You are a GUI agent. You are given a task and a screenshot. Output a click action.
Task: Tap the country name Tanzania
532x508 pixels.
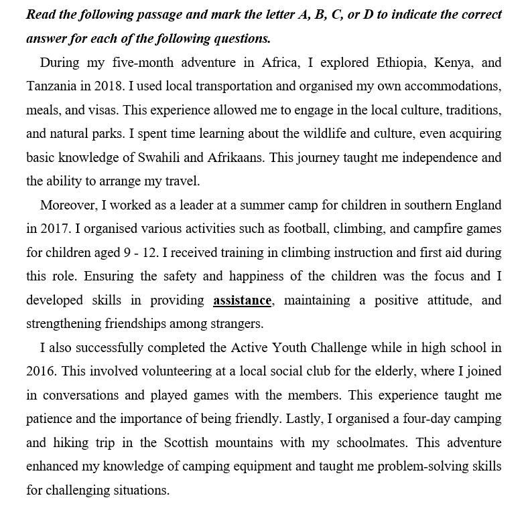(53, 87)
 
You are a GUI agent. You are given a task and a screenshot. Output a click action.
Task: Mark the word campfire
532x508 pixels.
(418, 228)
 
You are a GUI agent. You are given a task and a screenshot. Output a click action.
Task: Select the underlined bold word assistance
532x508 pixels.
(242, 300)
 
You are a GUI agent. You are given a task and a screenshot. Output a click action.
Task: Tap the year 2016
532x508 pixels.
(41, 371)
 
